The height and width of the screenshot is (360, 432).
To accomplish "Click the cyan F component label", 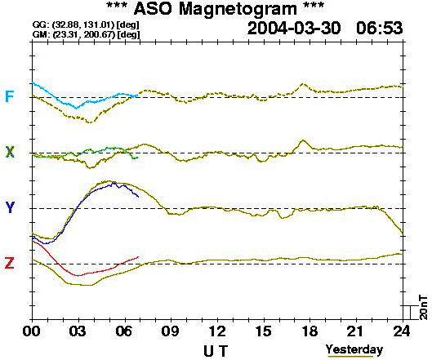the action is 9,96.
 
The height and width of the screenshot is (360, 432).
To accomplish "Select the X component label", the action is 10,152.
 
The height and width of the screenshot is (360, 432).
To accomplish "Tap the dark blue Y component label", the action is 10,207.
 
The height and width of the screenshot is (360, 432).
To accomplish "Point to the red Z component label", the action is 9,263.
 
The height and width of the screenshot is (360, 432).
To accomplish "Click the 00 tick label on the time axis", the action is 31,331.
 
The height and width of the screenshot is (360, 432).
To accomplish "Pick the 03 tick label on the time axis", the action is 78,331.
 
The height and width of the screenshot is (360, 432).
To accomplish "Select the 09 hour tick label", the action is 170,331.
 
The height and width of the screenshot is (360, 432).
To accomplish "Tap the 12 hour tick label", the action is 217,331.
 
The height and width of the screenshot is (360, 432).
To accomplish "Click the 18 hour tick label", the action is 310,331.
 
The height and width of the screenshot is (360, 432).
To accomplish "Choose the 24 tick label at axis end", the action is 402,331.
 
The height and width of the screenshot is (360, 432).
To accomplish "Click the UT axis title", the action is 216,351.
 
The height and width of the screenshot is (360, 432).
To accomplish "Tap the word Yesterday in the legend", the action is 354,349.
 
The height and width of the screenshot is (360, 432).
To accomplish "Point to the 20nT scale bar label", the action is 424,308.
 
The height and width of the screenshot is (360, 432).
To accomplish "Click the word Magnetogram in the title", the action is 238,9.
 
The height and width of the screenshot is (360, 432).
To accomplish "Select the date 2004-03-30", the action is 294,29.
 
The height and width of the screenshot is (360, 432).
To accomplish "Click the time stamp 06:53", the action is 380,29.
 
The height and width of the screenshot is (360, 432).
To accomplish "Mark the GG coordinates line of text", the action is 86,24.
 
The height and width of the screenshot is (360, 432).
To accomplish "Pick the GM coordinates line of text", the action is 86,34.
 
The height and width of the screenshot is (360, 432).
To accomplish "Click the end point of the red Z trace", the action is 138,256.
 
